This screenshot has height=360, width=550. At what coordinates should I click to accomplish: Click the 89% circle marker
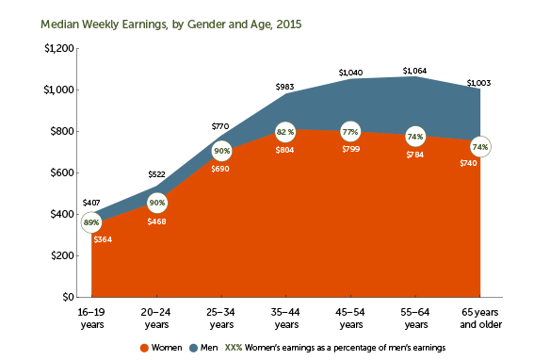[91, 222]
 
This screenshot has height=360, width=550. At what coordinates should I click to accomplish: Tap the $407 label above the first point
[90, 202]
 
